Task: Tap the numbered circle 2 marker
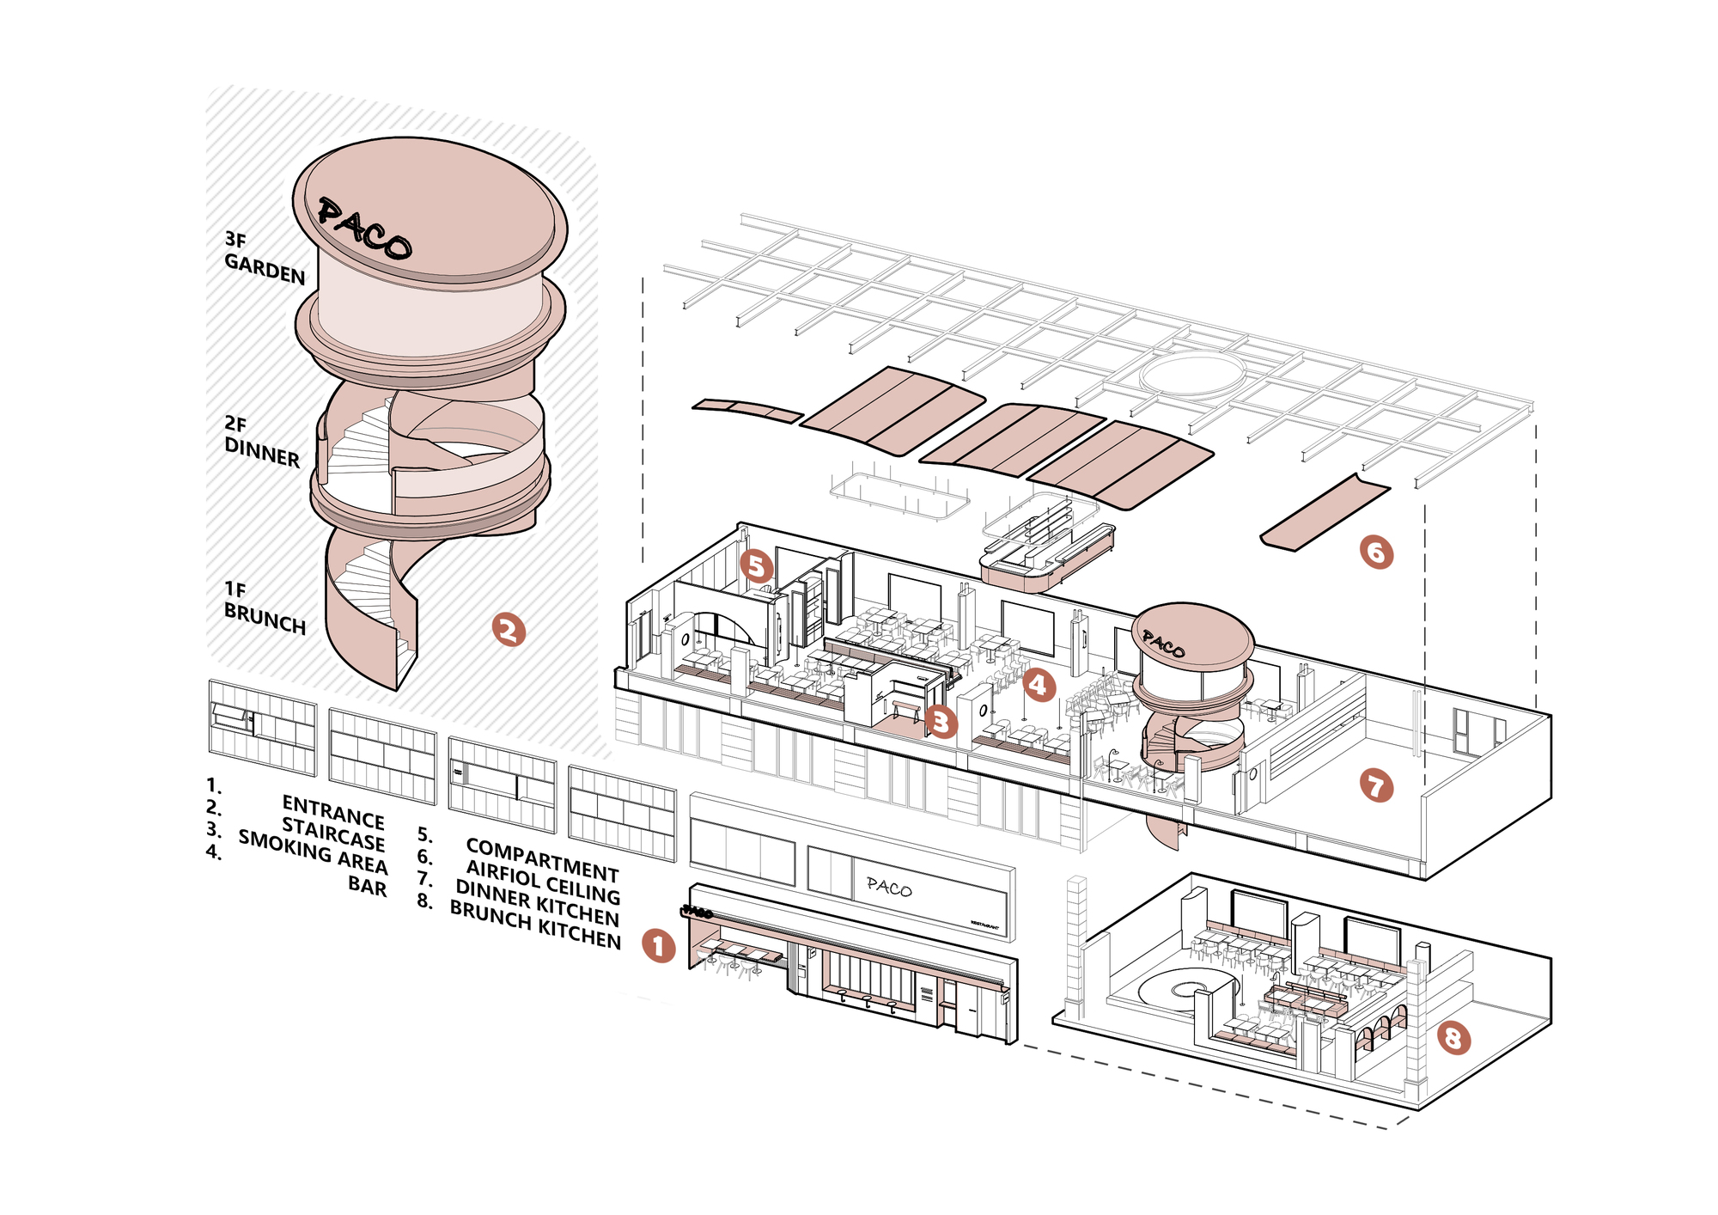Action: (509, 630)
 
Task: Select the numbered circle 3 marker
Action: (941, 722)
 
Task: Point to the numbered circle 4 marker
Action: (1039, 685)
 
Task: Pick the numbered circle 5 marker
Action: (756, 565)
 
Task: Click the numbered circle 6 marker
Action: (1376, 552)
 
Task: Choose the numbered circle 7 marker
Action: (1376, 785)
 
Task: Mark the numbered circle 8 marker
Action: (1453, 1038)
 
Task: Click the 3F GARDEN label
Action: (264, 257)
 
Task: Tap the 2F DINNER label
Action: (261, 441)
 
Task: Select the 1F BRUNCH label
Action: (264, 607)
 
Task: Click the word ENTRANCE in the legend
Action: (333, 811)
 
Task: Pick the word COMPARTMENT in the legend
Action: (542, 860)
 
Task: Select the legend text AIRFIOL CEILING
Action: (543, 882)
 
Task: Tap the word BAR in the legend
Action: (368, 885)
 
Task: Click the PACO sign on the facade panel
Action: (889, 887)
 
